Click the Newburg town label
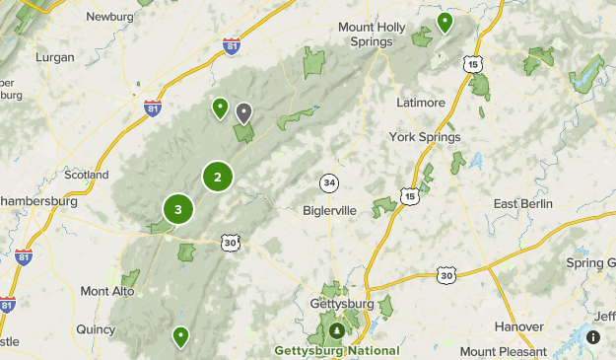[109, 17]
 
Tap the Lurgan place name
[53, 57]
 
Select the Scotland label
[86, 175]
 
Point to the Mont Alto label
[107, 291]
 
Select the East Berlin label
[523, 204]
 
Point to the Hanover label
[518, 326]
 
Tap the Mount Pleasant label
[503, 351]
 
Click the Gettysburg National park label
[337, 351]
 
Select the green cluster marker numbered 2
[218, 177]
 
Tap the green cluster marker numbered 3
[178, 209]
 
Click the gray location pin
[243, 112]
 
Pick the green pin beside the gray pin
[220, 108]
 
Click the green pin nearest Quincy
[180, 337]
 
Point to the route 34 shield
[329, 182]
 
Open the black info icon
[593, 337]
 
